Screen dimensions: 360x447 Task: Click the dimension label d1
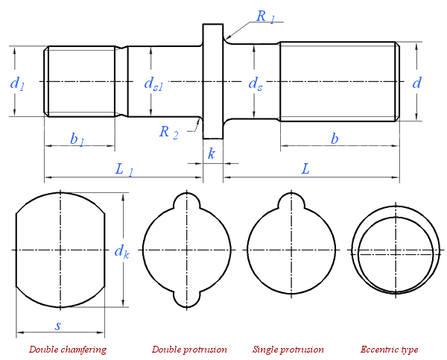coord(17,83)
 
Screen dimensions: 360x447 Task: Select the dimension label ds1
coord(153,83)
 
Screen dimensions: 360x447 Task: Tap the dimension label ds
coord(255,83)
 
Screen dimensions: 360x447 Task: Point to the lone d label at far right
coord(416,82)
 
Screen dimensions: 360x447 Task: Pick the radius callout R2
coord(169,132)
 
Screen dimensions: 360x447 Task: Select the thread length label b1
coord(77,139)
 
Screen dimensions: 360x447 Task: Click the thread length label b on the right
coord(335,139)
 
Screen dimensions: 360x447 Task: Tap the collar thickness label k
coord(212,154)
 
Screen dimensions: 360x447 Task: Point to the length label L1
coord(124,169)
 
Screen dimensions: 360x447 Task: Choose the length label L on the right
coord(305,169)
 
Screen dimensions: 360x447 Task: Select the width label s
coord(58,325)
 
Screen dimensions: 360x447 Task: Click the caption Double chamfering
coord(67,349)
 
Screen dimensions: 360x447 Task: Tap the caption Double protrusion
coord(189,349)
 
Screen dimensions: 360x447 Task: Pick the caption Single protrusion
coord(288,349)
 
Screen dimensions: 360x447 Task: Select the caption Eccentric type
coord(389,349)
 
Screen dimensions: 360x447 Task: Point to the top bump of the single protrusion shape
coord(288,200)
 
